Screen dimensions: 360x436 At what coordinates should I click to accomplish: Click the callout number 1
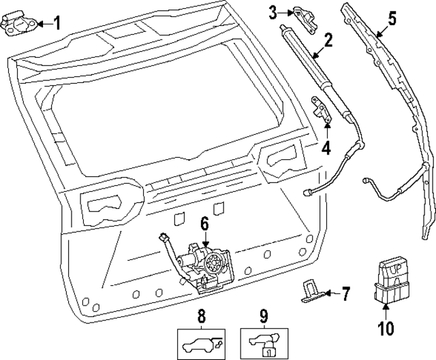[x=57, y=24]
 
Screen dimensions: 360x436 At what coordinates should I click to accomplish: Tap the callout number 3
[x=272, y=12]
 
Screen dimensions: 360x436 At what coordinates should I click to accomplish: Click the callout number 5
[x=392, y=18]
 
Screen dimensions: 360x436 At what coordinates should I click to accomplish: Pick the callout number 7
[x=345, y=294]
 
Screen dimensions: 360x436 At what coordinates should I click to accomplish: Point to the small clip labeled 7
[x=310, y=291]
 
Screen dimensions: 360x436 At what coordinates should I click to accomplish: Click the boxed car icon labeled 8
[x=200, y=343]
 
